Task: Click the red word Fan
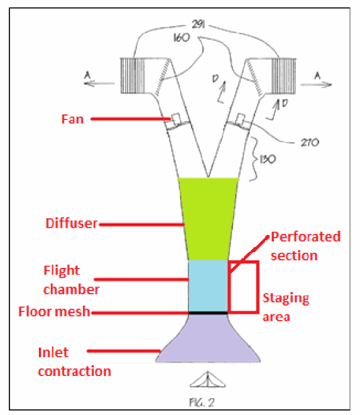click(x=72, y=119)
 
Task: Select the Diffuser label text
click(x=72, y=223)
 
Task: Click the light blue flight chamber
click(x=208, y=286)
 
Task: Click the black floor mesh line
click(x=208, y=313)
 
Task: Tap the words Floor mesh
click(x=54, y=311)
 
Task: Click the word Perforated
click(x=305, y=237)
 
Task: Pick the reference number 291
click(x=198, y=25)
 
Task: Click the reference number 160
click(x=182, y=38)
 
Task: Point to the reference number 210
click(x=310, y=143)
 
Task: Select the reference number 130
click(x=268, y=159)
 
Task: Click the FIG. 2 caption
click(x=202, y=402)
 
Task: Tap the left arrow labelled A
click(x=99, y=84)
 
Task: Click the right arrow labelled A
click(x=316, y=85)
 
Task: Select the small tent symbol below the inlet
click(x=207, y=380)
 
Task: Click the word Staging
click(x=286, y=299)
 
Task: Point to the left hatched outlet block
click(x=133, y=75)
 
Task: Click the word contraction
click(x=74, y=372)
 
